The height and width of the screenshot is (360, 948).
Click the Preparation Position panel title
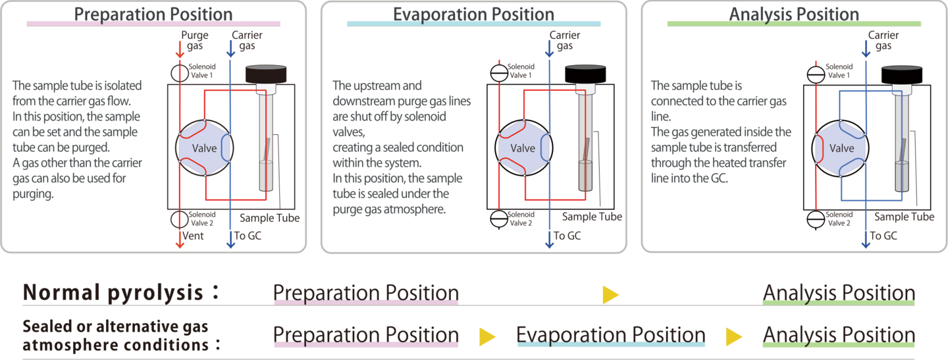[153, 14]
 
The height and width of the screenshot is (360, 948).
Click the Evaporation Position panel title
[473, 14]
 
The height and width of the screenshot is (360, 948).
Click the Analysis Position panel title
[794, 14]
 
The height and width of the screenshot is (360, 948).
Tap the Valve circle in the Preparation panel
[204, 148]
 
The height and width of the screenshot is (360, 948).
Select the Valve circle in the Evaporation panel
[523, 148]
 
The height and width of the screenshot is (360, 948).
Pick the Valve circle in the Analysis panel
[841, 148]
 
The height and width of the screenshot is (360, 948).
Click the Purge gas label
[196, 40]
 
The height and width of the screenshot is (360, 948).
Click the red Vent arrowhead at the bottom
[178, 244]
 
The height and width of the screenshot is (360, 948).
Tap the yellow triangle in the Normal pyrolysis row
[610, 294]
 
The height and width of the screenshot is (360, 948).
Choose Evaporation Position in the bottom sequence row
[610, 334]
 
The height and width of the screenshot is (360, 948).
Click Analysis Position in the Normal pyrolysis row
[838, 293]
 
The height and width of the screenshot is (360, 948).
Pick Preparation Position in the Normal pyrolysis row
[365, 293]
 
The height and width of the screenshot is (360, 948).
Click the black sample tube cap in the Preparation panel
[268, 74]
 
